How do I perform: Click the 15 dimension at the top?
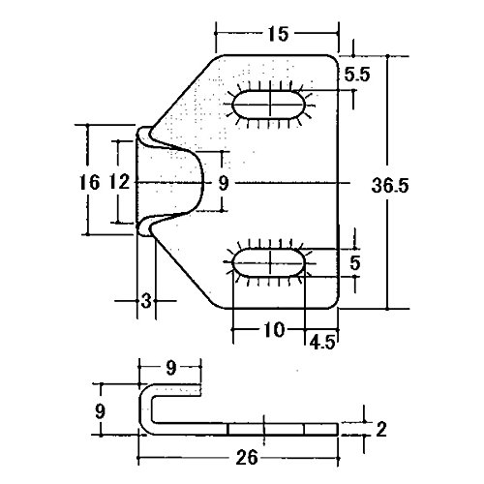(278, 34)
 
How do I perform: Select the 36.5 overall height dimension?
(390, 185)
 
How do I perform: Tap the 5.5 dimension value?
(357, 75)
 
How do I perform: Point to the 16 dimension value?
(89, 182)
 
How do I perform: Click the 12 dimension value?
(120, 182)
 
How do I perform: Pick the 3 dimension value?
(146, 301)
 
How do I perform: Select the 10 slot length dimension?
(274, 330)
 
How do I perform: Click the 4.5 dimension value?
(323, 342)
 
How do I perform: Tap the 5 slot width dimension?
(355, 262)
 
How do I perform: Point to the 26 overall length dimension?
(247, 458)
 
